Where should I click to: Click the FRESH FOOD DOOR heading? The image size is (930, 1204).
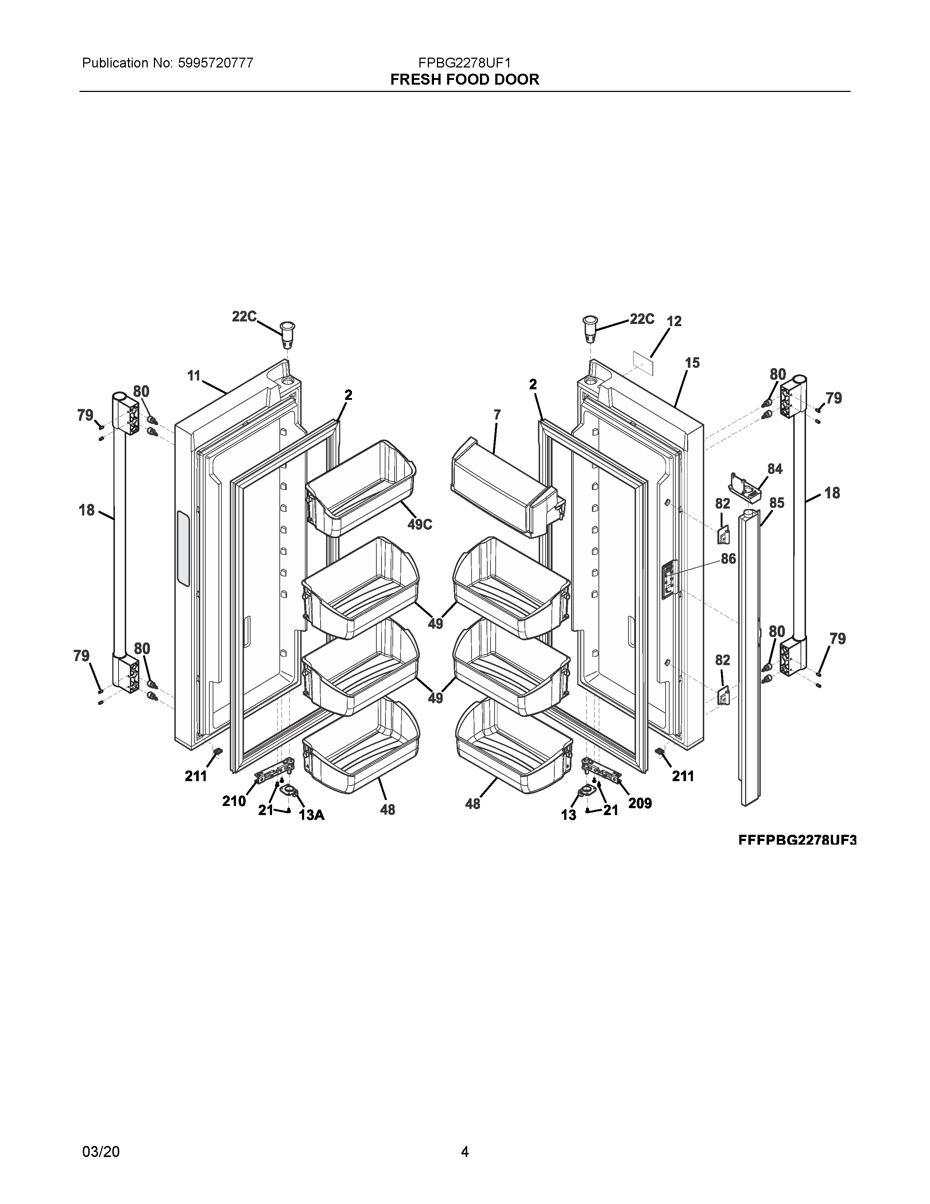464,80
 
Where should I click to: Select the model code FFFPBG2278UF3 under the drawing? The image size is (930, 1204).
797,840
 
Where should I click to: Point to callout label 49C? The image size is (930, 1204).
419,524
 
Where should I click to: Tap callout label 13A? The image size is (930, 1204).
312,815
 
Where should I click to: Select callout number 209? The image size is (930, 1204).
640,804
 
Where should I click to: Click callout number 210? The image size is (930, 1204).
234,801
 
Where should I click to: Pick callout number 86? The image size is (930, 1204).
728,559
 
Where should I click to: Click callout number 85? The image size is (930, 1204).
777,503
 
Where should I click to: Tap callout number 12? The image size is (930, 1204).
674,321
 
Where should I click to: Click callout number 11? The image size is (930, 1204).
193,376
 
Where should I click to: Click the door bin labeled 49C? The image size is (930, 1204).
361,488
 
